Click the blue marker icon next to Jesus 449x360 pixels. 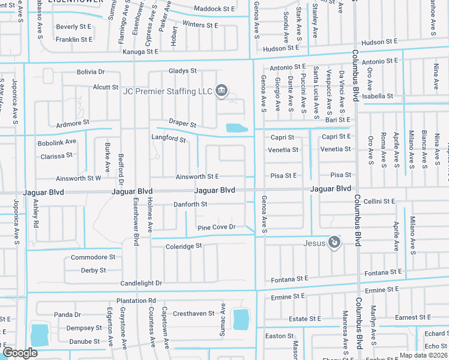click(335, 243)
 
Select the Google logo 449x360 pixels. click(20, 353)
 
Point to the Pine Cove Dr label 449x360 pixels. click(216, 227)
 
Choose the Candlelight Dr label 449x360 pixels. click(141, 283)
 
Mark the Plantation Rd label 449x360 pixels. click(136, 301)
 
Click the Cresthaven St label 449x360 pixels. click(193, 314)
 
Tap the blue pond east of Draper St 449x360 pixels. click(236, 128)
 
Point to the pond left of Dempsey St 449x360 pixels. click(40, 334)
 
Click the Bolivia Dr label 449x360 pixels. click(91, 72)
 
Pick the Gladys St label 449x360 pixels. click(182, 71)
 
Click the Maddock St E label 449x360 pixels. click(214, 9)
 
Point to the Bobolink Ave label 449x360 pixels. click(57, 142)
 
